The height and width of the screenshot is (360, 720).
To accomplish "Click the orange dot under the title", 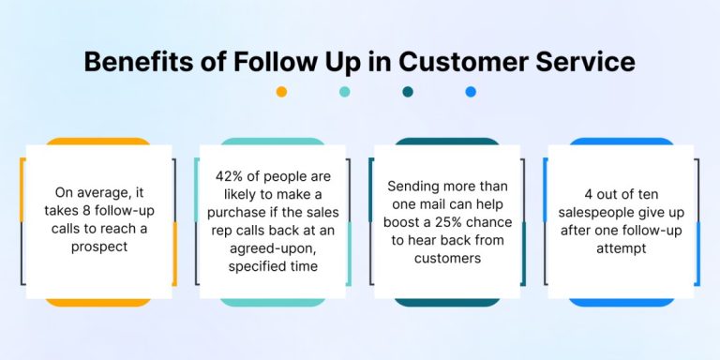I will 281,92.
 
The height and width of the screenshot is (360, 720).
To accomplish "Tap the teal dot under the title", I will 345,92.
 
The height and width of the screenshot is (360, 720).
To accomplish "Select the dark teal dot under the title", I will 408,92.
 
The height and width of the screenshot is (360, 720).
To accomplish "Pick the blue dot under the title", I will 471,92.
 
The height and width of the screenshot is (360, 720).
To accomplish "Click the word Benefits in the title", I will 131,61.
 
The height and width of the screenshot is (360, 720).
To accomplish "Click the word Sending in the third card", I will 414,187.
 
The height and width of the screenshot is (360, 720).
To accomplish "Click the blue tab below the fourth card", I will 622,301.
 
